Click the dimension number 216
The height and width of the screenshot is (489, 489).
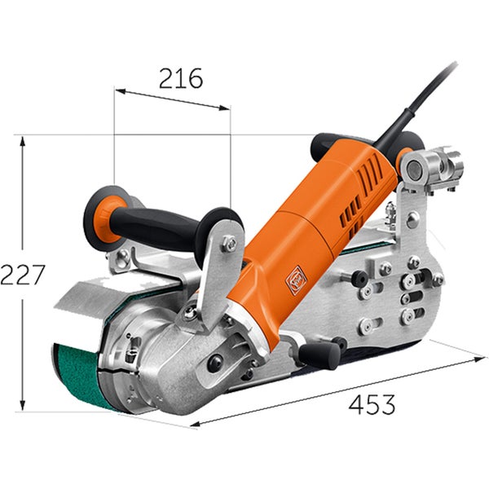pyautogui.click(x=181, y=78)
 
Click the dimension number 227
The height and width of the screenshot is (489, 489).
pyautogui.click(x=23, y=275)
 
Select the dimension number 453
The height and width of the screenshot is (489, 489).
pyautogui.click(x=372, y=404)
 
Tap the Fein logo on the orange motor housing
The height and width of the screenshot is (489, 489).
pyautogui.click(x=296, y=280)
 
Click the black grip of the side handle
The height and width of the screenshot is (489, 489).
pyautogui.click(x=156, y=225)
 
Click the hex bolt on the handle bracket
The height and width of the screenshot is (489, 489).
pyautogui.click(x=230, y=243)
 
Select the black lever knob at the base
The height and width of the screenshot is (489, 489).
pyautogui.click(x=319, y=355)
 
